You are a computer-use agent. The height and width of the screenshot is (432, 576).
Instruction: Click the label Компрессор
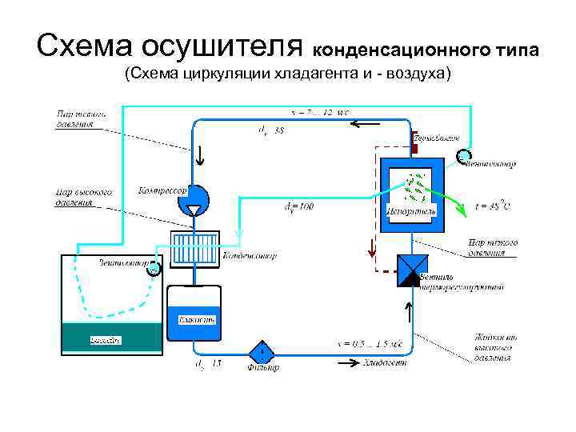162,191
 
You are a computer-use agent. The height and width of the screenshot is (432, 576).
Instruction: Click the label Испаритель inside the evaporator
410,212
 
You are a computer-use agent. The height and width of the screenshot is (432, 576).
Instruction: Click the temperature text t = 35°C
493,206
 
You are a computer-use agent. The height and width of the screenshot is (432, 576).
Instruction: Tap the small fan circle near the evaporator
464,155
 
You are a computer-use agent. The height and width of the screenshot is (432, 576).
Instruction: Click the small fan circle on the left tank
154,269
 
